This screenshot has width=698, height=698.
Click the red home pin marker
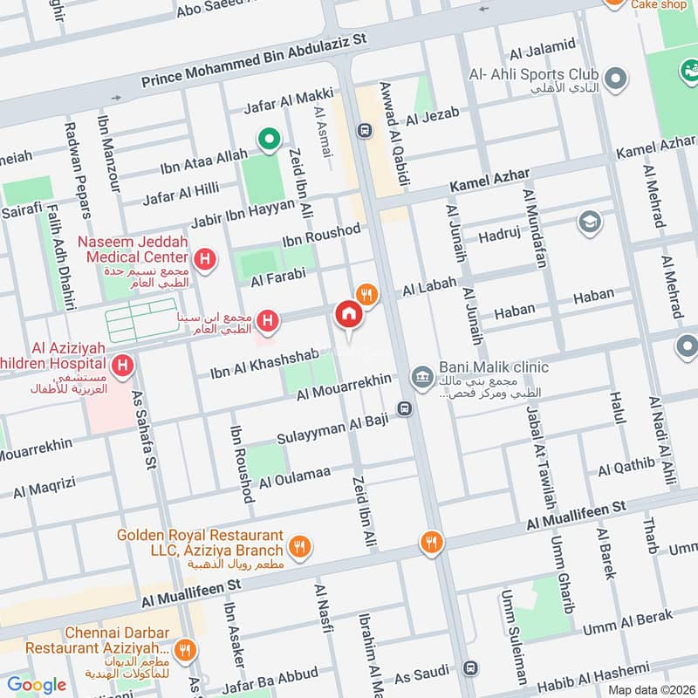[348, 314]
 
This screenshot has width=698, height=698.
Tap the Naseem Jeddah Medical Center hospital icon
[205, 257]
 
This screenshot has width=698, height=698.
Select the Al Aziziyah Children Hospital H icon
[122, 364]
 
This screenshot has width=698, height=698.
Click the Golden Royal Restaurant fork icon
[300, 547]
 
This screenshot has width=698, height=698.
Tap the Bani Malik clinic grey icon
[423, 376]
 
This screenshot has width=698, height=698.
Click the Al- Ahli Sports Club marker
[616, 79]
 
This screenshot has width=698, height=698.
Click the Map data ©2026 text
[650, 689]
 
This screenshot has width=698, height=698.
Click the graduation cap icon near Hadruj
[590, 222]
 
